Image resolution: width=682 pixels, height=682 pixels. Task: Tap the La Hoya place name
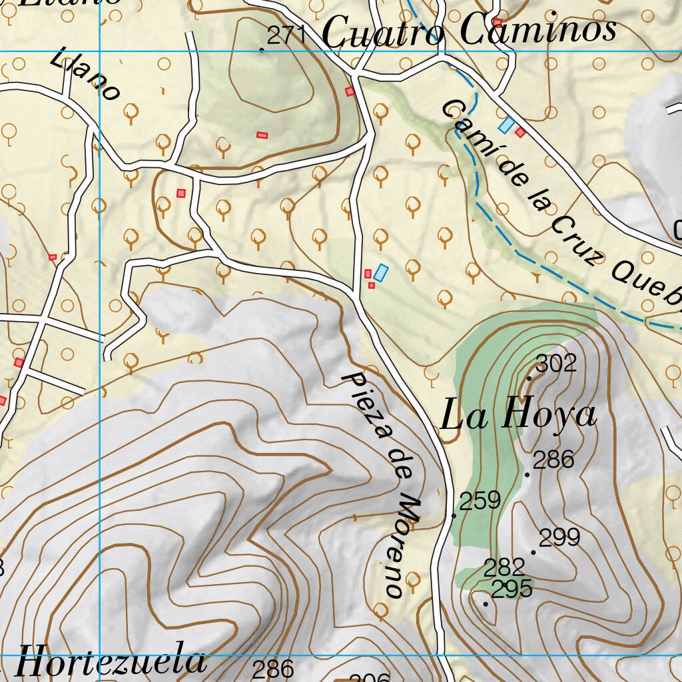click(x=518, y=416)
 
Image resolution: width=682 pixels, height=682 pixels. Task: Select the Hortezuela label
click(x=111, y=662)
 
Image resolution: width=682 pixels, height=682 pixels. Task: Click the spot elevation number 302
click(x=555, y=364)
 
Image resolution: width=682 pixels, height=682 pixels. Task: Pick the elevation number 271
click(x=287, y=36)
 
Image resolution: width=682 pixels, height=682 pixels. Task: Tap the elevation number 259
click(x=480, y=500)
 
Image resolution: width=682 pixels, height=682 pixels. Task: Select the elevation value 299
click(x=559, y=537)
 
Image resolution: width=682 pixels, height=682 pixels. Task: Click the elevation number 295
click(x=511, y=589)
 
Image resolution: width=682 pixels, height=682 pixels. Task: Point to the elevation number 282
click(x=504, y=568)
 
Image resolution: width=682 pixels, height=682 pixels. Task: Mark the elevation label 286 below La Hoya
click(x=553, y=460)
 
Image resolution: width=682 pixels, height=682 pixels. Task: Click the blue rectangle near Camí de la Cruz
click(x=507, y=125)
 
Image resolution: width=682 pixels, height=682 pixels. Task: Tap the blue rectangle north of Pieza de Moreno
click(x=380, y=272)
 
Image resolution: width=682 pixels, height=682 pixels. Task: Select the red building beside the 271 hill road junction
click(x=349, y=91)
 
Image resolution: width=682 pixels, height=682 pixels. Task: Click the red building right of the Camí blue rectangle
click(x=520, y=133)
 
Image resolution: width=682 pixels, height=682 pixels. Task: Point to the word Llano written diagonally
click(x=85, y=74)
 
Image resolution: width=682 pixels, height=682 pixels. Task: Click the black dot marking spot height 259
click(x=454, y=515)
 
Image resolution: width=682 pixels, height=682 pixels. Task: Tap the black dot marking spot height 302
click(x=529, y=378)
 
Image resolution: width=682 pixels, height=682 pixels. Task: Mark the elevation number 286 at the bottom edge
click(x=273, y=669)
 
